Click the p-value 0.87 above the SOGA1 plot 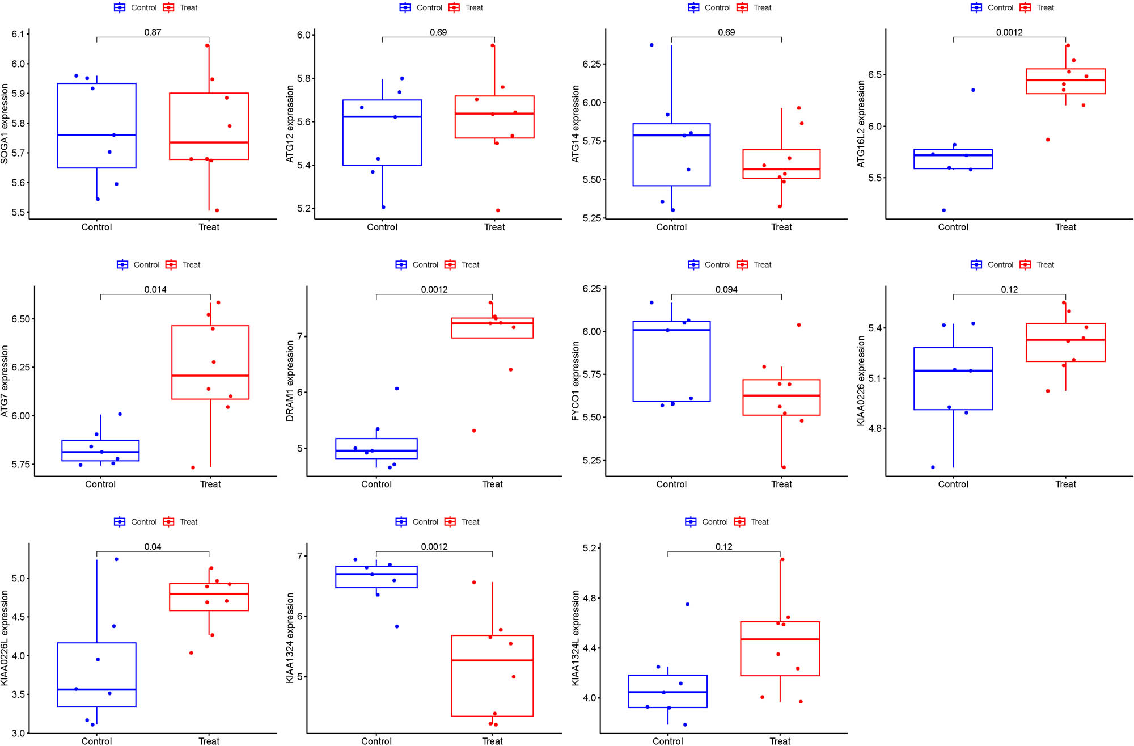tap(153, 32)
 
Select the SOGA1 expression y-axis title tap(5, 124)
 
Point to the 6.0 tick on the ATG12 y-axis tap(304, 35)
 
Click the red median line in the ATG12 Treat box tap(494, 113)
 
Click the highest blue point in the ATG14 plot tap(651, 45)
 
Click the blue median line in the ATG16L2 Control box tap(953, 155)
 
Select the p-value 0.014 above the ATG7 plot tap(155, 289)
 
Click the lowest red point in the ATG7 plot tap(193, 467)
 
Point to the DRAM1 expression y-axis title tap(290, 381)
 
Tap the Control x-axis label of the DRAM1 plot tap(376, 484)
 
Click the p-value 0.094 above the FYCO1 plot tap(726, 289)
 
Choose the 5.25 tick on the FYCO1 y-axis tap(591, 460)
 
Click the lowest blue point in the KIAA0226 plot tap(933, 467)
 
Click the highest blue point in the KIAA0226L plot tap(116, 559)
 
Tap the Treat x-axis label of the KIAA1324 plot tap(492, 741)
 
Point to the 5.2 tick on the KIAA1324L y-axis tap(590, 548)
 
